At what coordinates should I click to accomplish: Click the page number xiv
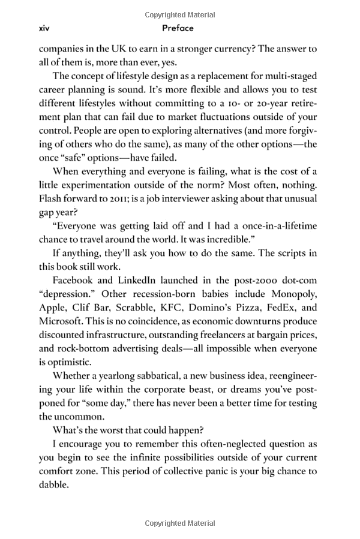[x=43, y=28]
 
